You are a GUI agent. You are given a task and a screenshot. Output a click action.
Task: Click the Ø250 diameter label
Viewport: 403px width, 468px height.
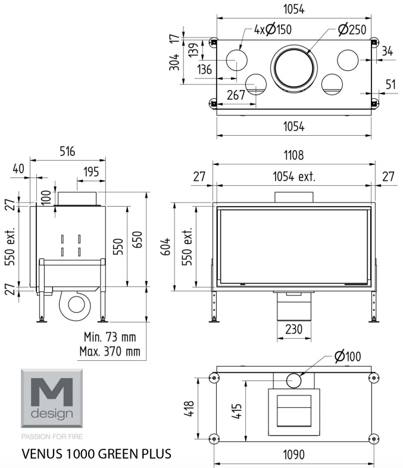point(352,30)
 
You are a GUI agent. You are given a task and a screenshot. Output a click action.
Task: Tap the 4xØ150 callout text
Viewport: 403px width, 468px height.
point(273,30)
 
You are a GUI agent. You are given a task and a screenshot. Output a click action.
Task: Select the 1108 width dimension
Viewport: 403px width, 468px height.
point(294,155)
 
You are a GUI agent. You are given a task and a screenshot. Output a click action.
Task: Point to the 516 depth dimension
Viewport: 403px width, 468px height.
point(67,151)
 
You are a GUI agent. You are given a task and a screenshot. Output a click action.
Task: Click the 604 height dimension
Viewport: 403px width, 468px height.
point(166,247)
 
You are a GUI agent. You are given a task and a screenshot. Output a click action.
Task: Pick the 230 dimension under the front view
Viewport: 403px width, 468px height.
point(294,329)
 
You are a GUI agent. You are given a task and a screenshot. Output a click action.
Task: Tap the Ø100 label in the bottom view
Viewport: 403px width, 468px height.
point(348,357)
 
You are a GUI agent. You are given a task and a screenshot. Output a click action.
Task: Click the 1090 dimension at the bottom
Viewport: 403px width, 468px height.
point(294,455)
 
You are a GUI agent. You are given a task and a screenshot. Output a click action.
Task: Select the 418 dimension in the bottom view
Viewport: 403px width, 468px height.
point(189,408)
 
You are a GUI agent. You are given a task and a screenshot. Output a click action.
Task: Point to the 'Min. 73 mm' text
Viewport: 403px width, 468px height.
point(110,337)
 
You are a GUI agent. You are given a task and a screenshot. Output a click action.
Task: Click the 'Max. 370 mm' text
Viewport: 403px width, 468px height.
point(110,351)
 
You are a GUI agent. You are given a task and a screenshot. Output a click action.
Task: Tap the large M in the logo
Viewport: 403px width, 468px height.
point(52,392)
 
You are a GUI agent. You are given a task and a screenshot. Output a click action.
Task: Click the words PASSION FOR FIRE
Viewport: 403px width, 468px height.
point(52,436)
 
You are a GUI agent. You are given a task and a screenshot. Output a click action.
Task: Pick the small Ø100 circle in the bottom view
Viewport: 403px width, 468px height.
point(294,380)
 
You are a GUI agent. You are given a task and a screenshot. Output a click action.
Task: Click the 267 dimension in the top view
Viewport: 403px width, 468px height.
point(236,95)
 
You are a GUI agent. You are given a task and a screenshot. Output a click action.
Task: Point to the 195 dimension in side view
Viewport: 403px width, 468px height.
point(91,172)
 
